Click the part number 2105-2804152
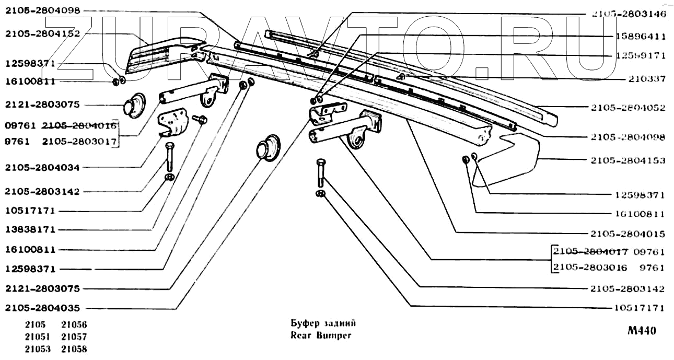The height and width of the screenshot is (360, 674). [x=42, y=34]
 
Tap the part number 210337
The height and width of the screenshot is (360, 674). [x=647, y=79]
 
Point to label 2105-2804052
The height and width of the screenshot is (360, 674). [x=628, y=108]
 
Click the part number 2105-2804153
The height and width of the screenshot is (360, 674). [x=628, y=160]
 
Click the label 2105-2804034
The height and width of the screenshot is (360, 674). [x=42, y=168]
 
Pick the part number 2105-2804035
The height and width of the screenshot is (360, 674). [x=42, y=308]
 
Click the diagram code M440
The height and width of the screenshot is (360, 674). [x=642, y=331]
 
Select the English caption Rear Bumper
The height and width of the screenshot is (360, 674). [x=321, y=335]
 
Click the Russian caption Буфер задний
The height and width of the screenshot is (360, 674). [x=323, y=323]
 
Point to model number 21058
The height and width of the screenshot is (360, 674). [x=74, y=349]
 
